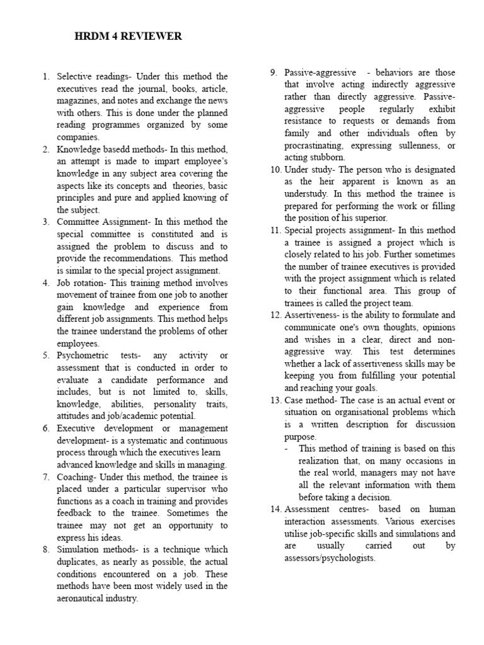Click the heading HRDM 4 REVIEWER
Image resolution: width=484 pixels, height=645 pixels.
128,37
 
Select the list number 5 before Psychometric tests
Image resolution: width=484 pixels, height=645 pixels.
46,356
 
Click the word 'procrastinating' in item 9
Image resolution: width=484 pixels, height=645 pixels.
315,145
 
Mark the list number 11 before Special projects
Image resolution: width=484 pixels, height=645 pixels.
275,230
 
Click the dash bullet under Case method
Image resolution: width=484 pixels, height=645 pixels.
287,448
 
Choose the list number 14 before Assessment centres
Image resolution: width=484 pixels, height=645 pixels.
275,509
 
